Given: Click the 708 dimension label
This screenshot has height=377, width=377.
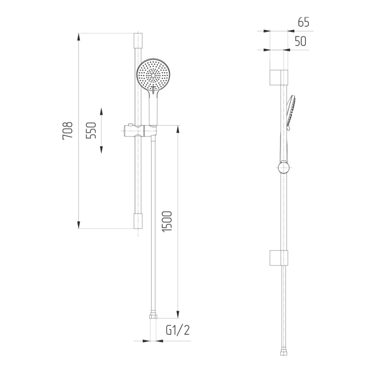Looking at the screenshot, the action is click(67, 131).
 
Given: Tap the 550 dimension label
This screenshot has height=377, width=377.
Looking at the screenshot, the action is click(91, 131).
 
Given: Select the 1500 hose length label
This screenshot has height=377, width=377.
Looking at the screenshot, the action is click(167, 222).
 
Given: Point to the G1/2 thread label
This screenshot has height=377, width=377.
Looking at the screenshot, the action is click(178, 330).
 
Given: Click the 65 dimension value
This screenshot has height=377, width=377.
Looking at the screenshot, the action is click(303, 22).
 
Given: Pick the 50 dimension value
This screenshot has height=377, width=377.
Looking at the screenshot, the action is click(300, 41).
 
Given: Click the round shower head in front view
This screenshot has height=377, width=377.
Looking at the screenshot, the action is click(153, 75).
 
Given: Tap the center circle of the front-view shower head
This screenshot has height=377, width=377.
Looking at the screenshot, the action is click(153, 75).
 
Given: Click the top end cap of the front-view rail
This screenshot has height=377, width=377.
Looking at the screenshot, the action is click(138, 40).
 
